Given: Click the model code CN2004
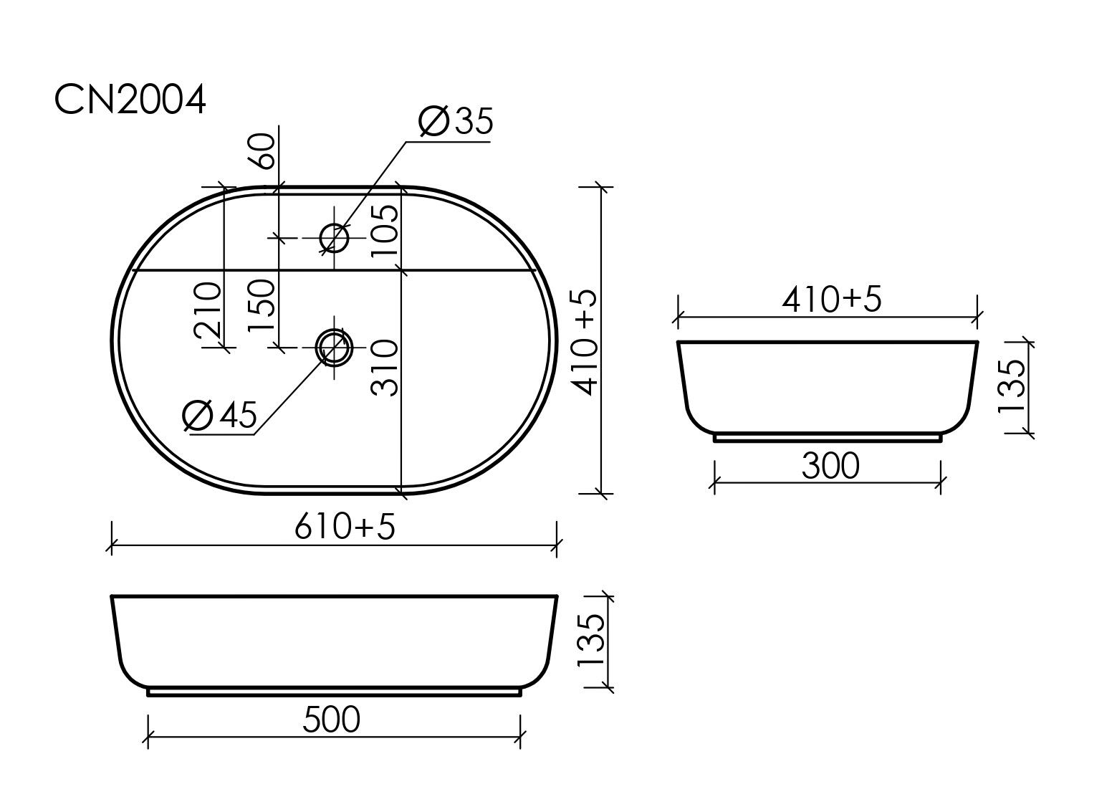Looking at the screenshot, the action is (130, 100).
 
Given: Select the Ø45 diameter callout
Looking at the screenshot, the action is (220, 414).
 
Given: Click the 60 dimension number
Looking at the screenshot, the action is (262, 151).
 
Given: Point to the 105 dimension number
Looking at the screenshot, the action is (385, 231).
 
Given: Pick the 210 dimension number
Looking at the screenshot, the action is (208, 310).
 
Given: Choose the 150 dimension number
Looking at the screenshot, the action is (262, 305).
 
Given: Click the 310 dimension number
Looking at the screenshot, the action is (385, 368).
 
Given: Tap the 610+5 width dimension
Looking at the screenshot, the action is (345, 527).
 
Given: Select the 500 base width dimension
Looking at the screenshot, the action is (331, 720).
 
